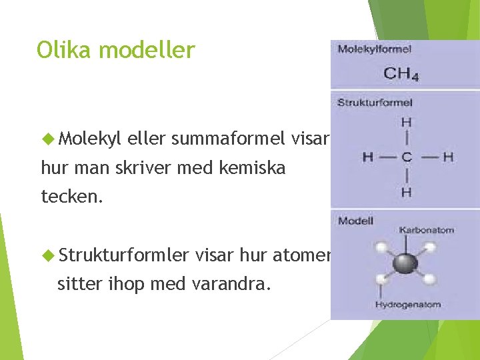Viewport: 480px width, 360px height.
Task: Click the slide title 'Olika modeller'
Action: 116,50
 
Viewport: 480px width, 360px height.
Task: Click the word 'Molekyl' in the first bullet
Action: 90,139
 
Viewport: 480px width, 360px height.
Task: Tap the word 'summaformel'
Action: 229,139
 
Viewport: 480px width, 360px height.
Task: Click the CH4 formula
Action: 401,73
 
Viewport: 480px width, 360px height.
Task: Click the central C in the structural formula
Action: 406,157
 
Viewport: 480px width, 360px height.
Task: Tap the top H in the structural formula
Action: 406,122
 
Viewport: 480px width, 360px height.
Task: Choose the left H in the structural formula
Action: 367,157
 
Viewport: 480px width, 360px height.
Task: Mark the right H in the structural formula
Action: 448,157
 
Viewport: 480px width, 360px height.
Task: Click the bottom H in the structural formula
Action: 406,193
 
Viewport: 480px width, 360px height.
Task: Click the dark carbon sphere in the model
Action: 404,263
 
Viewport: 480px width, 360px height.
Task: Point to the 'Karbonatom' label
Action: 427,230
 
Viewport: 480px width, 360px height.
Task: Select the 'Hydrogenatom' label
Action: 408,305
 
